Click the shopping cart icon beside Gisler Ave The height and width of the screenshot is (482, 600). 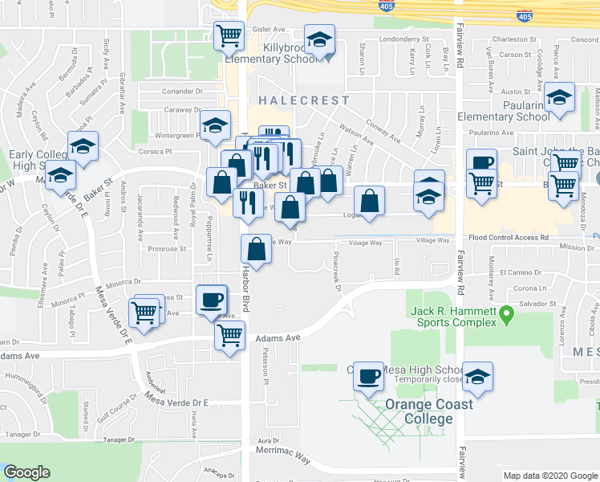point(229,35)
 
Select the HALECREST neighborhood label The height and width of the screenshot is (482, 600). point(304,101)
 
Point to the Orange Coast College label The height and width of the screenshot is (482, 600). point(429,411)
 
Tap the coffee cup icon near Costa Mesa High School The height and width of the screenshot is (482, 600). point(369,376)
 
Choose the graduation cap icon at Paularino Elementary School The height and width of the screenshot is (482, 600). point(559,99)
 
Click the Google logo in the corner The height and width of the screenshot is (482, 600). point(26,472)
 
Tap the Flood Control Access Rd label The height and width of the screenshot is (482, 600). point(509,238)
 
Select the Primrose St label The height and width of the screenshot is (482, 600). point(167,249)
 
